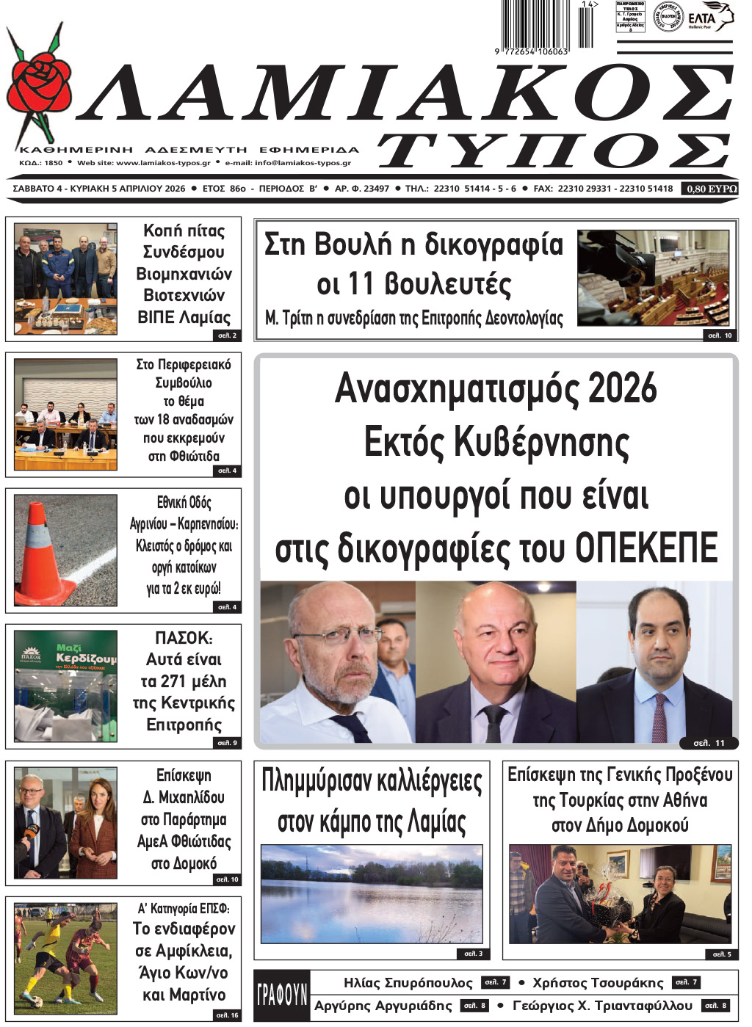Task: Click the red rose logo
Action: [x=40, y=84]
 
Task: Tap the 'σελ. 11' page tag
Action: [x=709, y=743]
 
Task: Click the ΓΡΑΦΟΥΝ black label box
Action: [x=282, y=995]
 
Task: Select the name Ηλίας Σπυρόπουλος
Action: [x=408, y=983]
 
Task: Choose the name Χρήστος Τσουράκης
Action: [x=598, y=983]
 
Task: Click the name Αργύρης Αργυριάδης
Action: [x=383, y=1006]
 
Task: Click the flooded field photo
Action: [x=372, y=894]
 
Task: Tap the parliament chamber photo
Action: [x=654, y=278]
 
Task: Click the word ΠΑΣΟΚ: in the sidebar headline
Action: [x=184, y=637]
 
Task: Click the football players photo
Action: [x=65, y=959]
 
